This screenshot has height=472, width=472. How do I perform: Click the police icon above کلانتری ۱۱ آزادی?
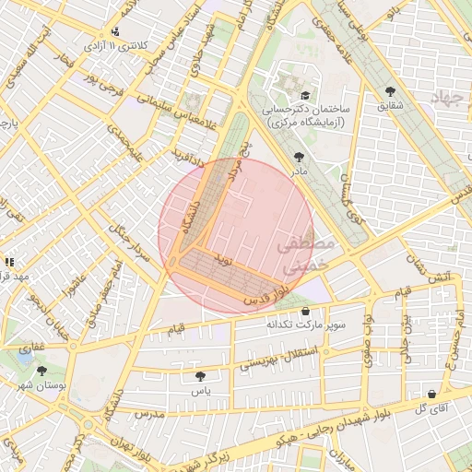(114, 30)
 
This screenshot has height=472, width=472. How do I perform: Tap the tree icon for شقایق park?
(391, 91)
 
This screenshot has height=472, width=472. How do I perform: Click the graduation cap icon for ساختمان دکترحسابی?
(305, 95)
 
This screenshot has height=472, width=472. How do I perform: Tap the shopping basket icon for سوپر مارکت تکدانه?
(305, 313)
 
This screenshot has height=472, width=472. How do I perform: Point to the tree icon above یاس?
(201, 376)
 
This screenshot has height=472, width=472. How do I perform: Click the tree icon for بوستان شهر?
(41, 371)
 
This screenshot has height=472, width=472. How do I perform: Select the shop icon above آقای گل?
(431, 394)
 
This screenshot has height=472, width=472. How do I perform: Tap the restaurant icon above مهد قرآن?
(8, 262)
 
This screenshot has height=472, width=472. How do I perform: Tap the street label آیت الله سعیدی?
(27, 69)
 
